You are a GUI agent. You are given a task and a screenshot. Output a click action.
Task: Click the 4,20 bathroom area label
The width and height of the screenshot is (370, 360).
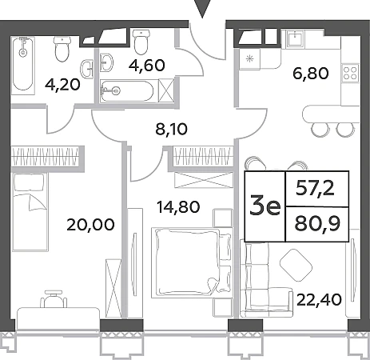pos(62,86)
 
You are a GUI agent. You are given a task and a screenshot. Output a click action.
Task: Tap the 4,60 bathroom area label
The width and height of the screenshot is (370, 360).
pos(147,66)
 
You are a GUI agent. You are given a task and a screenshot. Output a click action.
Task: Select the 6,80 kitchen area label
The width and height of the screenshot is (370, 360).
pos(311,74)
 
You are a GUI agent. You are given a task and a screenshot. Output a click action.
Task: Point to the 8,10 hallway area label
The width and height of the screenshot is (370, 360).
pos(172,130)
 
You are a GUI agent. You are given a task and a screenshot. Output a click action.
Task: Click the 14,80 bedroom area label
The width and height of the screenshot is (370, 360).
pos(178,207)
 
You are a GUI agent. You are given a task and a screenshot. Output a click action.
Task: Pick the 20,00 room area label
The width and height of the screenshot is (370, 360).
pos(90,225)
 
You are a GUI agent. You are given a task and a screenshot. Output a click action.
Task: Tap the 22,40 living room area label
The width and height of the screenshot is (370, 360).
pos(319,300)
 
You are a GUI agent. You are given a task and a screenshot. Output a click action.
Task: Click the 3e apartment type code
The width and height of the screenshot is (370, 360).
pos(265,206)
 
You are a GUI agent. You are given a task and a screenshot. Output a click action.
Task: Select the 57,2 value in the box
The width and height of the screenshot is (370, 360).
pos(315,189)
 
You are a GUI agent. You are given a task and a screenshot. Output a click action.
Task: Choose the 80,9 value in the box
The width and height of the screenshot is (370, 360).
pos(317,224)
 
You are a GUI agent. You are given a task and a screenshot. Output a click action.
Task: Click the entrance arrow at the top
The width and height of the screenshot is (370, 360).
pos(202,9)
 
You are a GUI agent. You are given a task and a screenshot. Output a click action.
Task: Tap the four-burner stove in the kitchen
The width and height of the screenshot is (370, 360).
pos(350,73)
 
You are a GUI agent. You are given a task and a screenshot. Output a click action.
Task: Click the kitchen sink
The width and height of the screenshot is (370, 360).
pos(296,39)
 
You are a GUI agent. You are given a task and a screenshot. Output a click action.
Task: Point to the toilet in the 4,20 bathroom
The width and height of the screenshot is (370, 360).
pos(63,49)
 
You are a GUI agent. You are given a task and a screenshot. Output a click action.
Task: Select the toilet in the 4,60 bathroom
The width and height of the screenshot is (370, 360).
pos(141,42)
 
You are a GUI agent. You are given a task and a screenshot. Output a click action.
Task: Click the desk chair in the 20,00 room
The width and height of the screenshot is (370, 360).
pos(54,299)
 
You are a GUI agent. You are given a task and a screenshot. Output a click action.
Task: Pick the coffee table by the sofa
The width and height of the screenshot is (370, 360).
pos(296,265)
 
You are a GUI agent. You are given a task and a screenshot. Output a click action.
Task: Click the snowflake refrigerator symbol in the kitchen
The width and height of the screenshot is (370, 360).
pos(249,59)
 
